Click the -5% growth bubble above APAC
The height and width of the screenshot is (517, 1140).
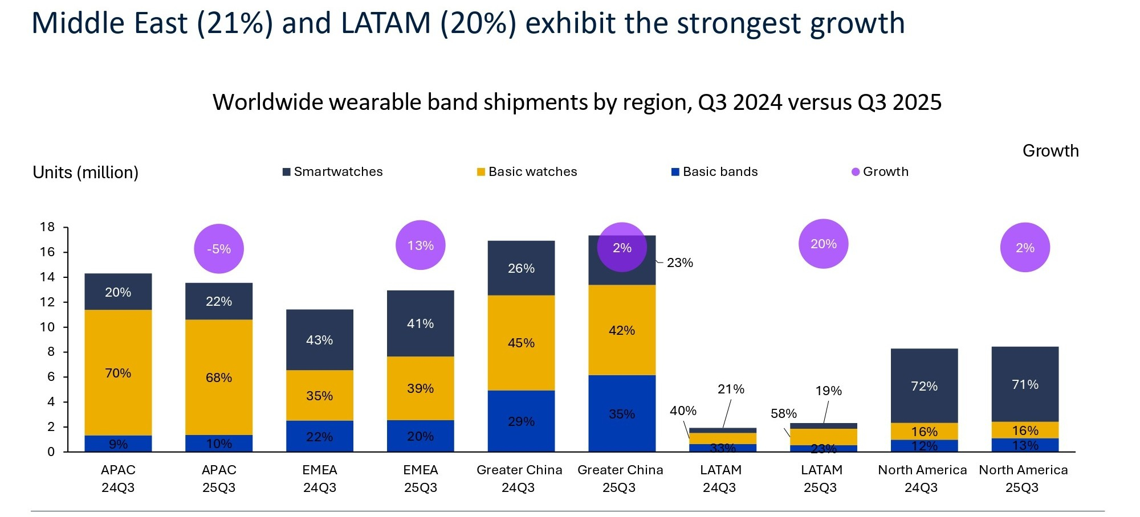[219, 249]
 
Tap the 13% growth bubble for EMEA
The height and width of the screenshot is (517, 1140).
[421, 245]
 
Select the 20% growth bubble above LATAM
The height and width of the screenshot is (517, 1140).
[824, 244]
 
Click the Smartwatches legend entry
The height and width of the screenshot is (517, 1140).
[333, 172]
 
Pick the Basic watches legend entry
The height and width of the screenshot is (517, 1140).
[527, 172]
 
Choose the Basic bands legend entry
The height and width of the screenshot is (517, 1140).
[715, 172]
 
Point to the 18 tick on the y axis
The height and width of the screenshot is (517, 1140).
[47, 227]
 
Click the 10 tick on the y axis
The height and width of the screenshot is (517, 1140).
[47, 327]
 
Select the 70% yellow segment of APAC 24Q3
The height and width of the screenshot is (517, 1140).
[118, 373]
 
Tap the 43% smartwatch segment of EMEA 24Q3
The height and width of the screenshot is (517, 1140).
[320, 340]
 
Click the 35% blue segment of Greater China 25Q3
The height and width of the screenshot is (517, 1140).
[622, 414]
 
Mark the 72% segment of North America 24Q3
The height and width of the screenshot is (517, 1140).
[924, 386]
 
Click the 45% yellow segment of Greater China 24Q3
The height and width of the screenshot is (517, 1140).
[521, 343]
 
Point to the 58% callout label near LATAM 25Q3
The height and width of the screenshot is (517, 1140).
[784, 413]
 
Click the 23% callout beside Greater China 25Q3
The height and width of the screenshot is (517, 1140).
[679, 262]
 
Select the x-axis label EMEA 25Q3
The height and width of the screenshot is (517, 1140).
[421, 478]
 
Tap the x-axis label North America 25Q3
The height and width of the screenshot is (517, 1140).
[1023, 478]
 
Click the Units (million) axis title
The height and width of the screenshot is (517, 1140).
[85, 173]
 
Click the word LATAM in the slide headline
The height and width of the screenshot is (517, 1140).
[386, 24]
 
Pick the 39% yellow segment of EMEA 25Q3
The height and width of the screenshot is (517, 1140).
[421, 388]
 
